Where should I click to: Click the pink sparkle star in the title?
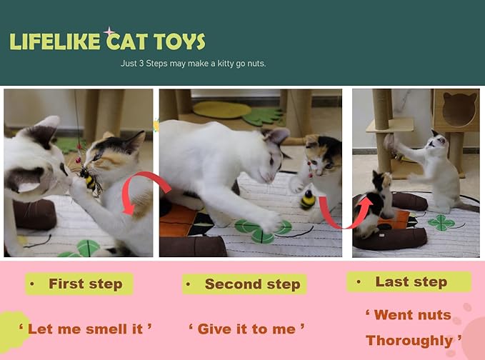[x=109, y=32]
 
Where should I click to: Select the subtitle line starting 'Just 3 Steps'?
[x=193, y=64]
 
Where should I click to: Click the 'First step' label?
[x=84, y=284]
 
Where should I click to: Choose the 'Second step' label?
[x=251, y=284]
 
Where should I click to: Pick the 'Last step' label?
[x=410, y=281]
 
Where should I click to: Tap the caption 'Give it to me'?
[x=246, y=329]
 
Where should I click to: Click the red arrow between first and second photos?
[x=147, y=189]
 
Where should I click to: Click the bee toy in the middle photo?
[x=308, y=199]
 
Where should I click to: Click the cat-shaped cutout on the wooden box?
[x=459, y=107]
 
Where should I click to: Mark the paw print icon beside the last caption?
[x=467, y=314]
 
